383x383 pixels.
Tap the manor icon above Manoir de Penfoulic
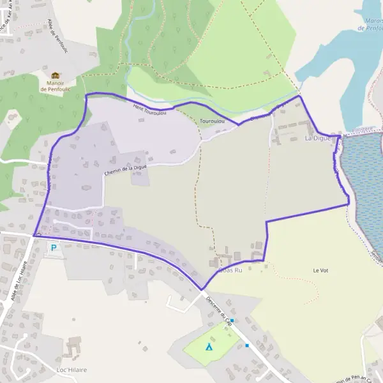[x=56, y=75]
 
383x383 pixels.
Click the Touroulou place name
[x=211, y=121]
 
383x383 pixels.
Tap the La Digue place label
[x=317, y=138]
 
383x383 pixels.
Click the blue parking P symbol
[x=54, y=248]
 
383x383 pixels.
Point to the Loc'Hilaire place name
[x=71, y=370]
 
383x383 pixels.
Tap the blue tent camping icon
[x=209, y=347]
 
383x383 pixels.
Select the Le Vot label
[x=320, y=271]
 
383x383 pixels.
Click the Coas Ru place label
[x=230, y=270]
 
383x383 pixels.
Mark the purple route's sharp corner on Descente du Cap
[x=202, y=289]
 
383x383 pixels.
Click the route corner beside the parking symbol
[x=34, y=235]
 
